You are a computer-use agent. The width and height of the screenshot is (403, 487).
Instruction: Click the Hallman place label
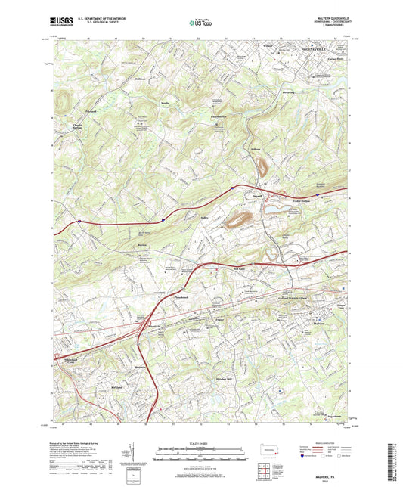click(x=138, y=79)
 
